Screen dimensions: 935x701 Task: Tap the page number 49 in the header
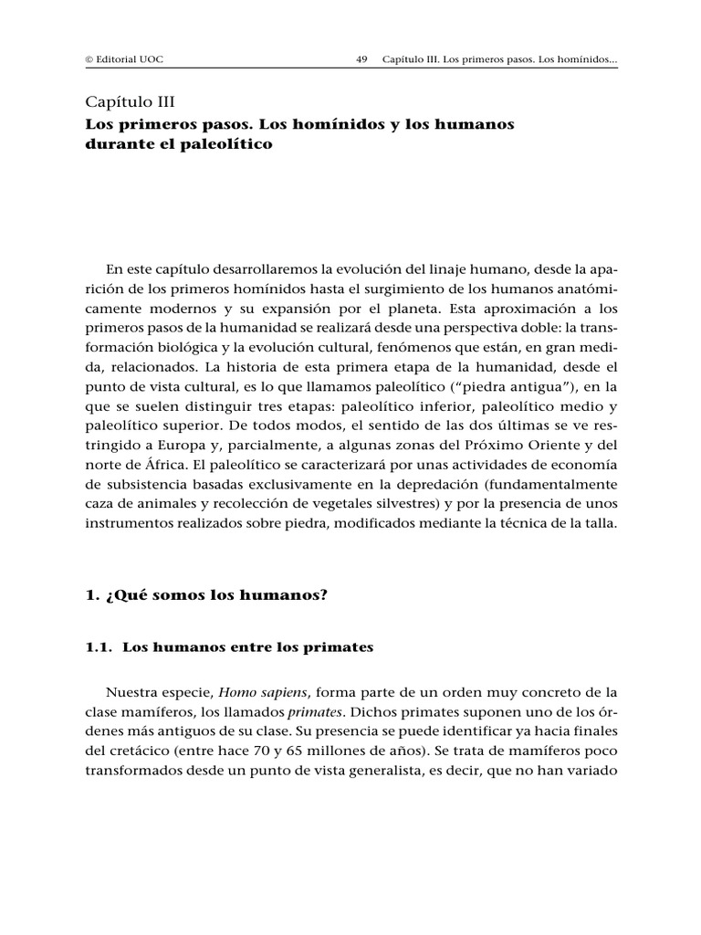pyautogui.click(x=361, y=61)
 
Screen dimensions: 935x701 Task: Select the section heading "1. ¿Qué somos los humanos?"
pyautogui.click(x=205, y=595)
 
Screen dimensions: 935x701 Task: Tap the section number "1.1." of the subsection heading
pyautogui.click(x=98, y=647)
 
